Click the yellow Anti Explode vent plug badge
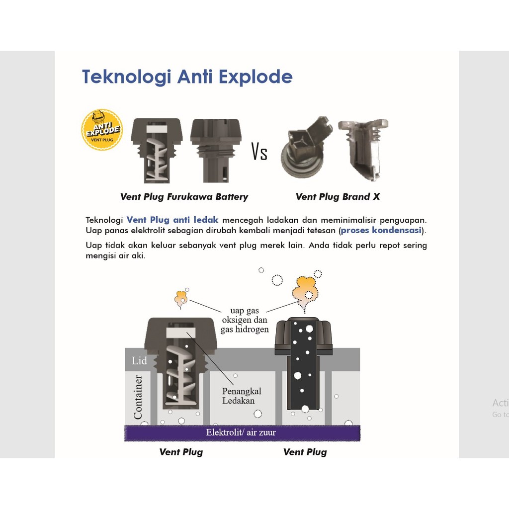[102, 130]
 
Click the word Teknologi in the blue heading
[127, 77]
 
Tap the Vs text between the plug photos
[259, 152]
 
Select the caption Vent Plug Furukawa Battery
[184, 197]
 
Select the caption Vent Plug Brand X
[338, 197]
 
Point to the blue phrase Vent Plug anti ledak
[172, 220]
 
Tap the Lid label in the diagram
[139, 360]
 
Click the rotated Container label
[138, 397]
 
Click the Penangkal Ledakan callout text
[242, 396]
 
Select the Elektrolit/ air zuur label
[241, 432]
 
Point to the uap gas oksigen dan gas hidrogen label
[245, 320]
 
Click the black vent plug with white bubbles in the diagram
[304, 363]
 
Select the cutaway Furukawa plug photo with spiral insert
[157, 151]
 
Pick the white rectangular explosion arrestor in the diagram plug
[181, 333]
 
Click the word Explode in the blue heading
[255, 77]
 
